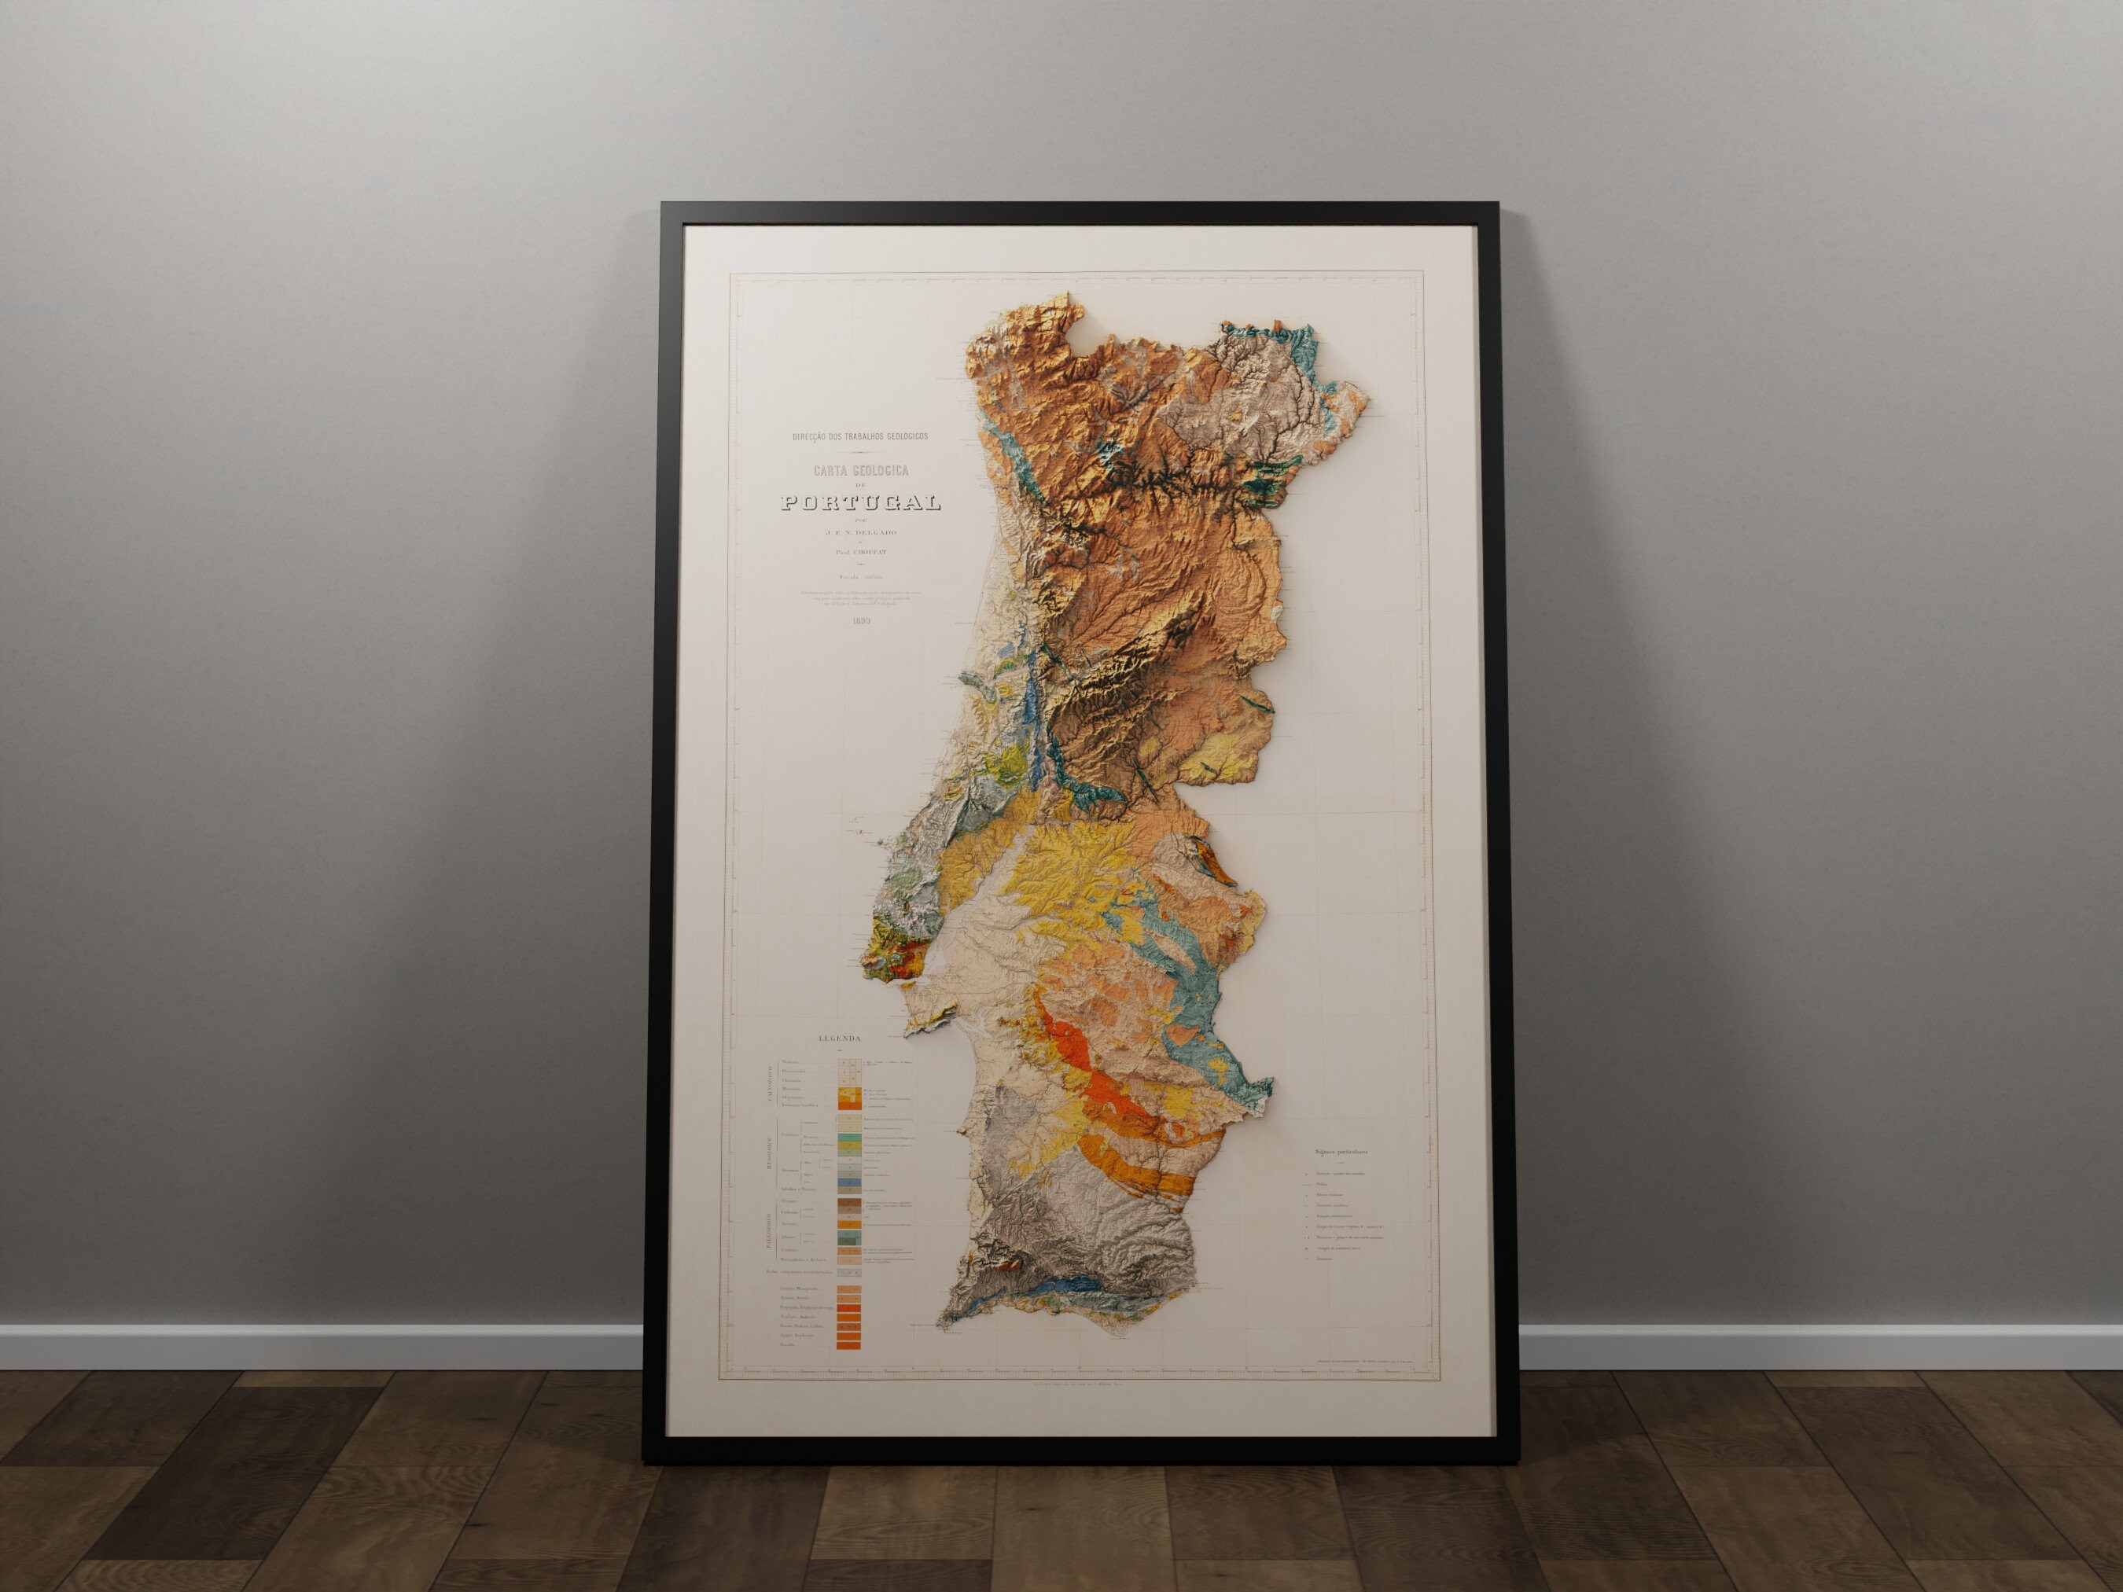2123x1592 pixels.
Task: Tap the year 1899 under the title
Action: pyautogui.click(x=861, y=621)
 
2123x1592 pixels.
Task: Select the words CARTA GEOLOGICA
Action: pyautogui.click(x=861, y=471)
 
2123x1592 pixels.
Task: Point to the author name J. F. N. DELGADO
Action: pyautogui.click(x=861, y=532)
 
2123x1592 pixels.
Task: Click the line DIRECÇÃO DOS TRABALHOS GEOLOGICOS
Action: pyautogui.click(x=860, y=436)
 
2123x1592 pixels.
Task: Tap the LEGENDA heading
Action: pyautogui.click(x=840, y=1039)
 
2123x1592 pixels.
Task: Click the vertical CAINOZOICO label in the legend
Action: pyautogui.click(x=770, y=1084)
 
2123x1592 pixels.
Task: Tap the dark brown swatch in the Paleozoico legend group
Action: pyautogui.click(x=849, y=1202)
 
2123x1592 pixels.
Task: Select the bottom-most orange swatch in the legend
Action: pyautogui.click(x=848, y=1345)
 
